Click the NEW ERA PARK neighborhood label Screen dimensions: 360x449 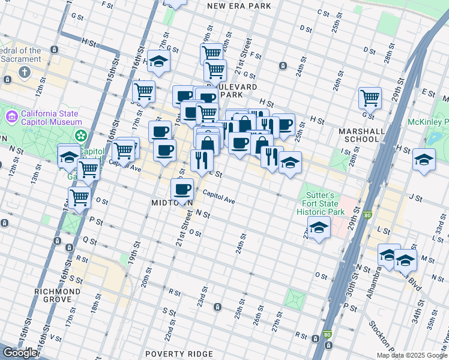pyautogui.click(x=238, y=6)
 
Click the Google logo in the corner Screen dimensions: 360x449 pyautogui.click(x=19, y=353)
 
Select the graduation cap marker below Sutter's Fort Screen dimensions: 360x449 pyautogui.click(x=319, y=227)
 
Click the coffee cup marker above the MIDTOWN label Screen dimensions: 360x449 pyautogui.click(x=182, y=189)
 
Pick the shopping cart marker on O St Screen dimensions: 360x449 pyautogui.click(x=79, y=197)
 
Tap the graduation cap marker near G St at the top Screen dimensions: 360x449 pyautogui.click(x=158, y=61)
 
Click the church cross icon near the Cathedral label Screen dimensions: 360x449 pyautogui.click(x=25, y=73)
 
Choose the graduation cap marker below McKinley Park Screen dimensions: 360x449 pyautogui.click(x=424, y=160)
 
